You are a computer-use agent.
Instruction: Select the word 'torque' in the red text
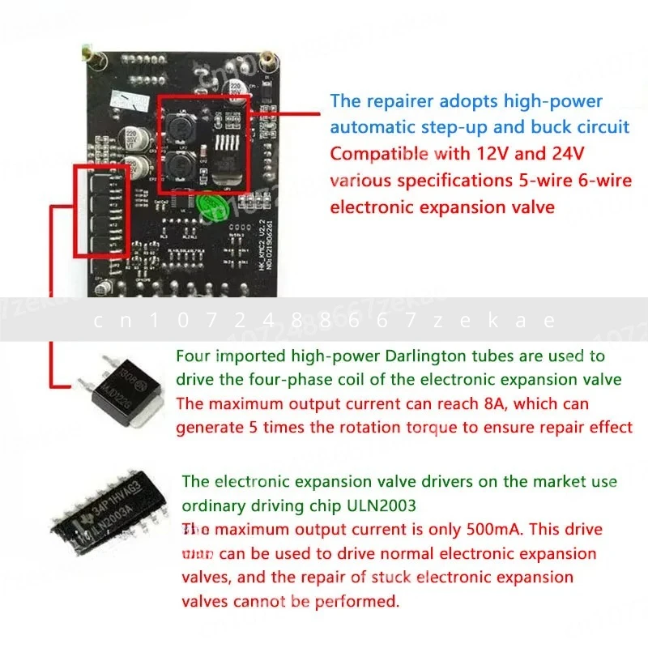pos(454,427)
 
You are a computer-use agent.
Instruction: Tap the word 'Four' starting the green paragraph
pos(192,356)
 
